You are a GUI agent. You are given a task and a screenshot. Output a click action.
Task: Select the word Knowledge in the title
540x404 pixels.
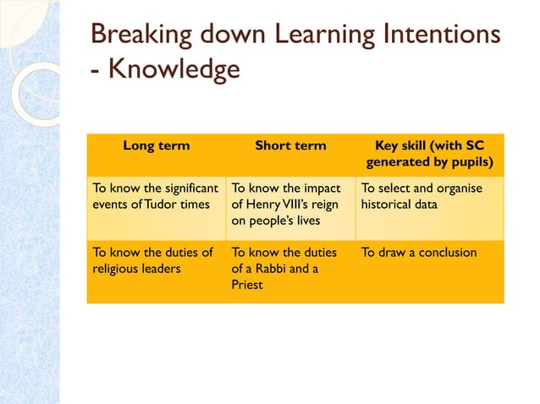(x=173, y=69)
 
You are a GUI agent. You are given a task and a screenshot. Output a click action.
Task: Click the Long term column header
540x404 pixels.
(x=157, y=145)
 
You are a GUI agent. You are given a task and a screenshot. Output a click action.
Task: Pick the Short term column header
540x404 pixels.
(x=290, y=145)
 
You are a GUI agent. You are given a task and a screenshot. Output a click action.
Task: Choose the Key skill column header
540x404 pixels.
(x=429, y=153)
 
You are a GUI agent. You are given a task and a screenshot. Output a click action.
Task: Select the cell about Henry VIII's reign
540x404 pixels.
(x=290, y=204)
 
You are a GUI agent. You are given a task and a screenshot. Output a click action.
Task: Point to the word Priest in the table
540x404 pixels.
(x=247, y=285)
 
